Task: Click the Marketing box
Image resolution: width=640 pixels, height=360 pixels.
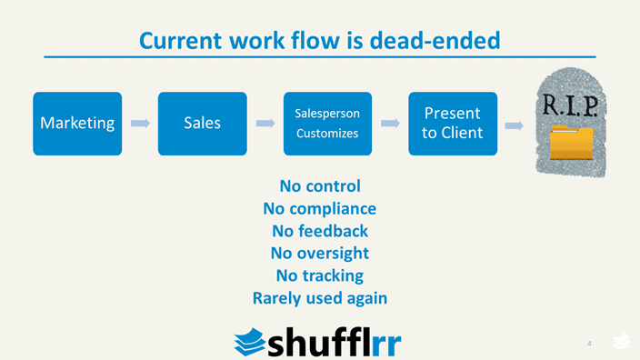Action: (76, 124)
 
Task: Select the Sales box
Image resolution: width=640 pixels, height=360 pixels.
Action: (202, 124)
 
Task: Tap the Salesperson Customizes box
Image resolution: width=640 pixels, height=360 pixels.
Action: (327, 124)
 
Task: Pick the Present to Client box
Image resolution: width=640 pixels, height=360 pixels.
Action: (452, 124)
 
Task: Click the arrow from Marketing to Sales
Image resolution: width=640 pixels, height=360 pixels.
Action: (140, 123)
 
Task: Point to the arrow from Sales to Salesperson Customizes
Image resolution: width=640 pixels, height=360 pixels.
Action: (265, 123)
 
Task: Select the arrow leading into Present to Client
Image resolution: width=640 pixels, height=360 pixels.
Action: (389, 123)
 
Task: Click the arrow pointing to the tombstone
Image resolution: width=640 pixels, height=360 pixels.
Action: (514, 125)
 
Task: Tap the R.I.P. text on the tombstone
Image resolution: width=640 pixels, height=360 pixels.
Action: (570, 105)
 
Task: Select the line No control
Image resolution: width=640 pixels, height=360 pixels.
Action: (320, 186)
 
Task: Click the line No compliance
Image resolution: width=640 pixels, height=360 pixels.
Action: (320, 208)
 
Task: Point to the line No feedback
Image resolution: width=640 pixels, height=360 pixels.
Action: (320, 231)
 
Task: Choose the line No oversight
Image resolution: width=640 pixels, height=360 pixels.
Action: (320, 253)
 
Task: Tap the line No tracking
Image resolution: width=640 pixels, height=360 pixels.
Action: (320, 275)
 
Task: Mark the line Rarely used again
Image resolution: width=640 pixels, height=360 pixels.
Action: (320, 297)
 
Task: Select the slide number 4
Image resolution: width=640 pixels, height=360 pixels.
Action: (589, 344)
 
